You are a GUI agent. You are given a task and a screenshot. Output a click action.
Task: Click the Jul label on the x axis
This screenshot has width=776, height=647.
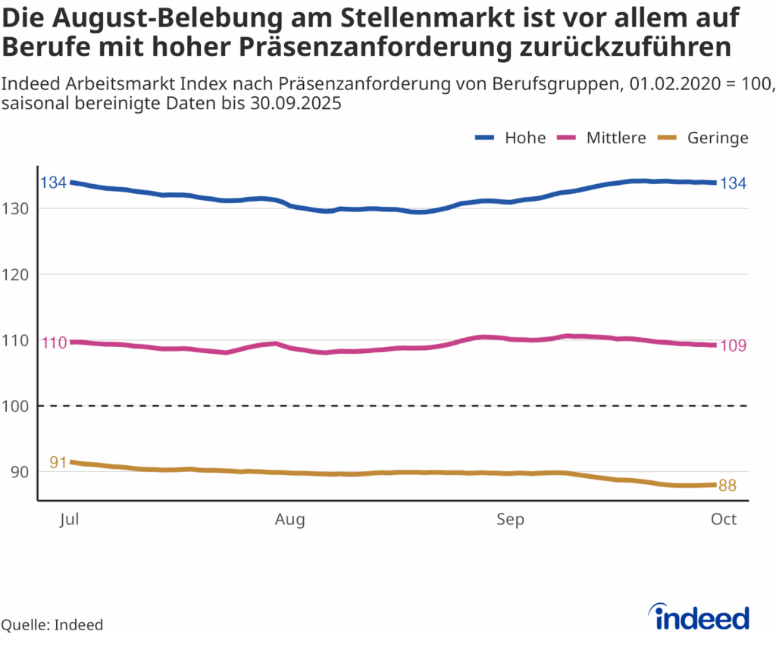point(70,520)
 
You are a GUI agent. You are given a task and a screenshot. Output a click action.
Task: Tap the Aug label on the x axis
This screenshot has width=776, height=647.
point(290,520)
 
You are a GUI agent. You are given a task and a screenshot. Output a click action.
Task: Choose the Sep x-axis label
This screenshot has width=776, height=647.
point(510,520)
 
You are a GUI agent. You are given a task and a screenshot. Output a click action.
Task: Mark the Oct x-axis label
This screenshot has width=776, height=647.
point(724,520)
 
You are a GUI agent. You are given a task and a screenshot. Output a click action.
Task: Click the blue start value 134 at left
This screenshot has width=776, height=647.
point(53,183)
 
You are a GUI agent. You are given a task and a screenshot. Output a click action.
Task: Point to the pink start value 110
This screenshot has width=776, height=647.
point(54,342)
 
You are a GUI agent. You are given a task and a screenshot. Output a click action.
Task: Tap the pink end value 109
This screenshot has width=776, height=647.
point(733,345)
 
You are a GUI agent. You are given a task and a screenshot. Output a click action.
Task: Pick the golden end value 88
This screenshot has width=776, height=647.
point(727,486)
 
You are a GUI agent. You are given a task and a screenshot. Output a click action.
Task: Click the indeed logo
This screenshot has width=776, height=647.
point(702,617)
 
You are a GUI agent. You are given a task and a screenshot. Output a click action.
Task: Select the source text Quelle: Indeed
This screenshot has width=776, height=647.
point(52,625)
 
